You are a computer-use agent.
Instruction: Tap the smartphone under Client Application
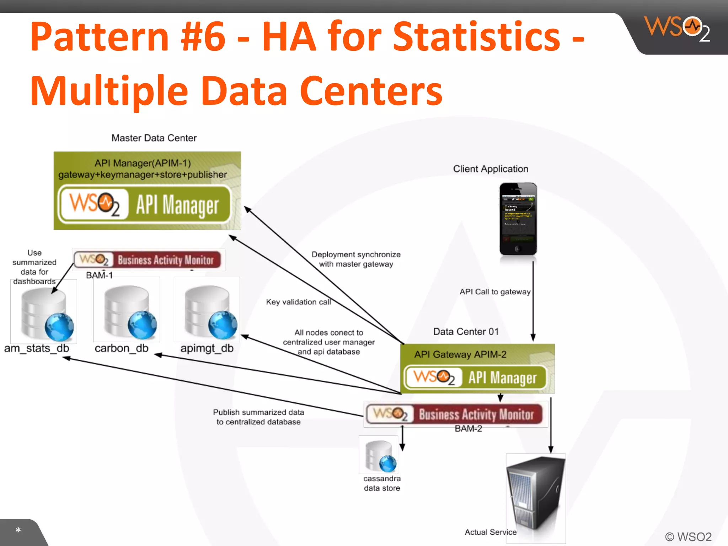518,219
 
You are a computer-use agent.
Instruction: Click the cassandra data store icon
379,455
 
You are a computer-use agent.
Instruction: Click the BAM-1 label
99,275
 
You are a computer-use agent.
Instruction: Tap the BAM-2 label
468,429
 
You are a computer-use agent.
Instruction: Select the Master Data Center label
154,138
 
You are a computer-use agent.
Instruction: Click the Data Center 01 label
466,332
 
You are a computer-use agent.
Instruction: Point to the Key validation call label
298,302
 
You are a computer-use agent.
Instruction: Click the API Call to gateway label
495,292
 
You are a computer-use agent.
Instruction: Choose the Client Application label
491,169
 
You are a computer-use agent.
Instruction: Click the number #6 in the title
203,37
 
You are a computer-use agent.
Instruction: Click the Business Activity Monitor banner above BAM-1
149,260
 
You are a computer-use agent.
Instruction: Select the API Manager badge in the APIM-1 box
145,205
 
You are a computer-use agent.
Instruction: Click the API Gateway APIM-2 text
460,354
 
